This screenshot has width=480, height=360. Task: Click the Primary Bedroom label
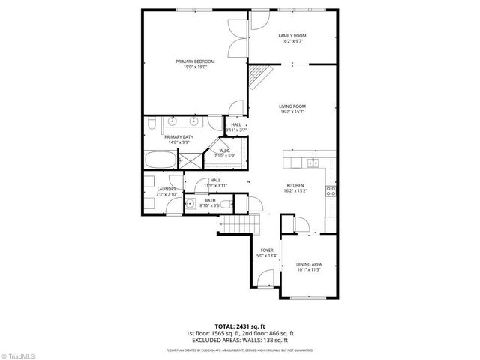(195, 61)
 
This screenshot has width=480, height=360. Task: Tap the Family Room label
(292, 36)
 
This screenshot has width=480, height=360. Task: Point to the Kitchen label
(295, 187)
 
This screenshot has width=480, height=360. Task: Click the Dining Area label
(308, 265)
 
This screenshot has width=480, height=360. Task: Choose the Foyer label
(266, 250)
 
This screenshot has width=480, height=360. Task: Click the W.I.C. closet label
(225, 151)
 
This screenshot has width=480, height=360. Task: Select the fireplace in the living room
(259, 75)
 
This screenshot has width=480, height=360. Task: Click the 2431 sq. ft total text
(239, 326)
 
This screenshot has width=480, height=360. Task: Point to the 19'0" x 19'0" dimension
(195, 67)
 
